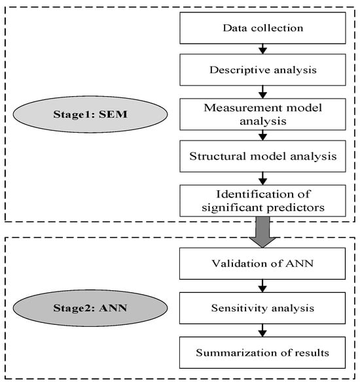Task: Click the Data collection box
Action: tap(262, 28)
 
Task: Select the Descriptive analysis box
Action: tap(262, 70)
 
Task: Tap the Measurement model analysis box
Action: tap(262, 114)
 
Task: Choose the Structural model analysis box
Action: tap(262, 156)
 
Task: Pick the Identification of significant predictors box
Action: tap(262, 201)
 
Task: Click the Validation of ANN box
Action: tap(262, 263)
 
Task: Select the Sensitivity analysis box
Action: tap(262, 308)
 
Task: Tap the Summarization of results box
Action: tap(262, 352)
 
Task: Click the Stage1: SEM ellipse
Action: tap(90, 114)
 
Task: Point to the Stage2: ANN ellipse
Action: tap(90, 308)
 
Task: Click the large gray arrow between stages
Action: tap(262, 232)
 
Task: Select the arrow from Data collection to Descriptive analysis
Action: tap(262, 49)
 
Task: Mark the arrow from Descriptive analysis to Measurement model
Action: tap(262, 92)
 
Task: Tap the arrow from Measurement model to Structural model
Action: tap(262, 135)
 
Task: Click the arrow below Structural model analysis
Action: tap(262, 178)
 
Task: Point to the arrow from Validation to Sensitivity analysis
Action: tap(262, 286)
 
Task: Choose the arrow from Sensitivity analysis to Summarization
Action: tap(262, 330)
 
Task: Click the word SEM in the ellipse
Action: tap(113, 114)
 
